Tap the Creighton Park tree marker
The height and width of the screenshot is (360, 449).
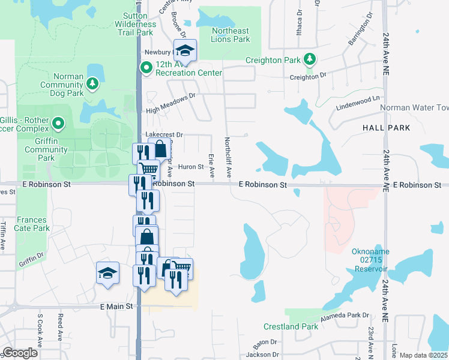click(310, 59)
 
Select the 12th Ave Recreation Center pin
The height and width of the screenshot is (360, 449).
click(146, 68)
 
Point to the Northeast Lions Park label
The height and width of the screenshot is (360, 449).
click(230, 35)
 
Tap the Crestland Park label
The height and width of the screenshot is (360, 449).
click(291, 326)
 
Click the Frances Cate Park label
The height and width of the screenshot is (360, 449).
click(32, 224)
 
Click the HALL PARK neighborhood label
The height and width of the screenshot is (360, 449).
click(386, 128)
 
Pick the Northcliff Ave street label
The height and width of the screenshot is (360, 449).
click(228, 157)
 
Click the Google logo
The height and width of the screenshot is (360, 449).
click(20, 353)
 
